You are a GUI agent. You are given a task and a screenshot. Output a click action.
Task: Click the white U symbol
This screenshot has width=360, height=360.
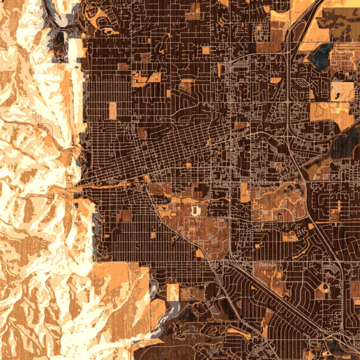click(x=195, y=211)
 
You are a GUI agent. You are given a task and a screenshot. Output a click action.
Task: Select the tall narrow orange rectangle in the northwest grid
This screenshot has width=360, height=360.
click(x=112, y=110)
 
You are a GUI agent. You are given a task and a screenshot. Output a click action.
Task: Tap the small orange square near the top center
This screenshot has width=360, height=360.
click(x=206, y=50)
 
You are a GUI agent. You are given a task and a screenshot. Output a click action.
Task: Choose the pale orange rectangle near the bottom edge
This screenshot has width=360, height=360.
click(x=173, y=292)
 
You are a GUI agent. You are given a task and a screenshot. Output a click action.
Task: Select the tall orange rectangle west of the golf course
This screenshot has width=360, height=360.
click(x=245, y=192)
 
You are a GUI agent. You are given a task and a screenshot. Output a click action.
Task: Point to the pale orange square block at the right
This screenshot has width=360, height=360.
click(x=342, y=91)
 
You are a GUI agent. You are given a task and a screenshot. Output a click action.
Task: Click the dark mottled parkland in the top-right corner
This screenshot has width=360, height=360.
click(x=339, y=18)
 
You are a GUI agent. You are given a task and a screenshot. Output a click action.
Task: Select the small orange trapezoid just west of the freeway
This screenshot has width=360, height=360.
click(x=275, y=80)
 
